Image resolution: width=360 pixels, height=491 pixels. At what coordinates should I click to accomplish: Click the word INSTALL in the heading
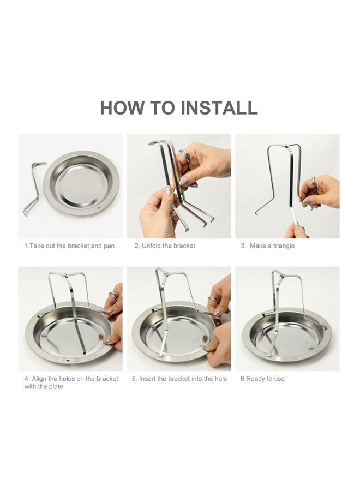coord(219,107)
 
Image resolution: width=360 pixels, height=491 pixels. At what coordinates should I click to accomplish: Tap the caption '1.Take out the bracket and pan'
coord(69,246)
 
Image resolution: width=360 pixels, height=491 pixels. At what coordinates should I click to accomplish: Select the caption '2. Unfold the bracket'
coord(165,246)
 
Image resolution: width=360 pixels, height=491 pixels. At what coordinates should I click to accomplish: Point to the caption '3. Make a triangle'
coord(267,246)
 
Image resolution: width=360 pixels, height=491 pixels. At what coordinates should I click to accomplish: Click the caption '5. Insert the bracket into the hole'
coord(179,379)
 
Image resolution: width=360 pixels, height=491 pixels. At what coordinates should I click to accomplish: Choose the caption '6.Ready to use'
coord(262,379)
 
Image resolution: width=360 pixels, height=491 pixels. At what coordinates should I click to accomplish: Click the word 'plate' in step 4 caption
coord(56,387)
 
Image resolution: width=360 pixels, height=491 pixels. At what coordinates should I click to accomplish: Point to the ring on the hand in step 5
coord(212,299)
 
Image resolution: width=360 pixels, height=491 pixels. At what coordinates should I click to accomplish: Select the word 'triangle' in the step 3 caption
coord(282,246)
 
